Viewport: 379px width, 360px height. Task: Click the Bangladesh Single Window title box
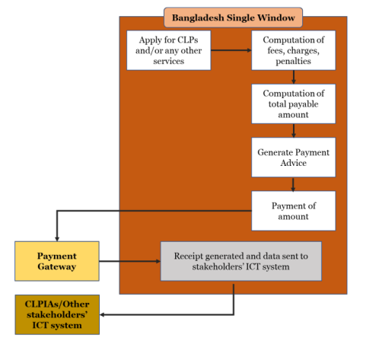(x=233, y=18)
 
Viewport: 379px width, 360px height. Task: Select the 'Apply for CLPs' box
(x=169, y=50)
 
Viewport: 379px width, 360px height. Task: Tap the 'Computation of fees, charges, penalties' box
(x=294, y=50)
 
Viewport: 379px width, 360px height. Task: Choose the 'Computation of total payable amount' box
(x=294, y=104)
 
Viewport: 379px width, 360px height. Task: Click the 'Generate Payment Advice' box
(x=294, y=158)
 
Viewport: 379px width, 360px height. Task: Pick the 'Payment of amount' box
(x=294, y=211)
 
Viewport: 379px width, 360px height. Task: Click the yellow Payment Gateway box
(x=57, y=261)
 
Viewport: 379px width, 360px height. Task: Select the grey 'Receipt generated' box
(x=241, y=261)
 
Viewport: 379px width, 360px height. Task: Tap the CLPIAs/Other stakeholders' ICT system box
(x=57, y=314)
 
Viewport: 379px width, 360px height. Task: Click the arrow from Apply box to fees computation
(x=231, y=50)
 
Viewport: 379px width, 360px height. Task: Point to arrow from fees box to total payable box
(x=294, y=77)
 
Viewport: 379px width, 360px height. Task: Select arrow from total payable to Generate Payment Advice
(x=294, y=131)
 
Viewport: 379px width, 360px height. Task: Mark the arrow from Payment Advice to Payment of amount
(x=293, y=184)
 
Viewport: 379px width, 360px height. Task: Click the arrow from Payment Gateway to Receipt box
(x=130, y=261)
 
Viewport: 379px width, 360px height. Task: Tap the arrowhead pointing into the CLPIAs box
(x=102, y=315)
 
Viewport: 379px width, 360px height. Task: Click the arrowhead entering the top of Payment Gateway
(x=57, y=239)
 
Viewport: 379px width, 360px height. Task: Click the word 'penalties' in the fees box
(x=294, y=61)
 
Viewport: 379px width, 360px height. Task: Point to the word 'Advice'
(x=294, y=163)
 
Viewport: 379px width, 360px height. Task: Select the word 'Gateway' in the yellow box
(x=57, y=267)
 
